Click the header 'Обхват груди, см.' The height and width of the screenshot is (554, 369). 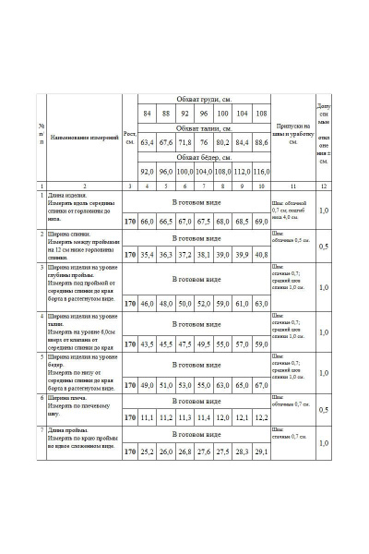204,98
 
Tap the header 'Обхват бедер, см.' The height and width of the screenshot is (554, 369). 204,157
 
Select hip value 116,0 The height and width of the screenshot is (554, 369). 261,172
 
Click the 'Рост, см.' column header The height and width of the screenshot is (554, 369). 130,138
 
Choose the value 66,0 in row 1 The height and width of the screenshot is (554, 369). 147,222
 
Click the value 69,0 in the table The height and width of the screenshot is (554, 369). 261,222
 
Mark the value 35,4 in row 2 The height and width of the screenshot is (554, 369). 147,255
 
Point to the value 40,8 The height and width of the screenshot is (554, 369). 261,255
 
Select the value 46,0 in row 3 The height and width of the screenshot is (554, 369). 147,303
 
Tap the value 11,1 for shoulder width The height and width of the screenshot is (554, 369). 147,418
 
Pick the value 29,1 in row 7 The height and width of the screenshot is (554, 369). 261,452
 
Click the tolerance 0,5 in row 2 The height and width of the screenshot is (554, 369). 323,247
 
